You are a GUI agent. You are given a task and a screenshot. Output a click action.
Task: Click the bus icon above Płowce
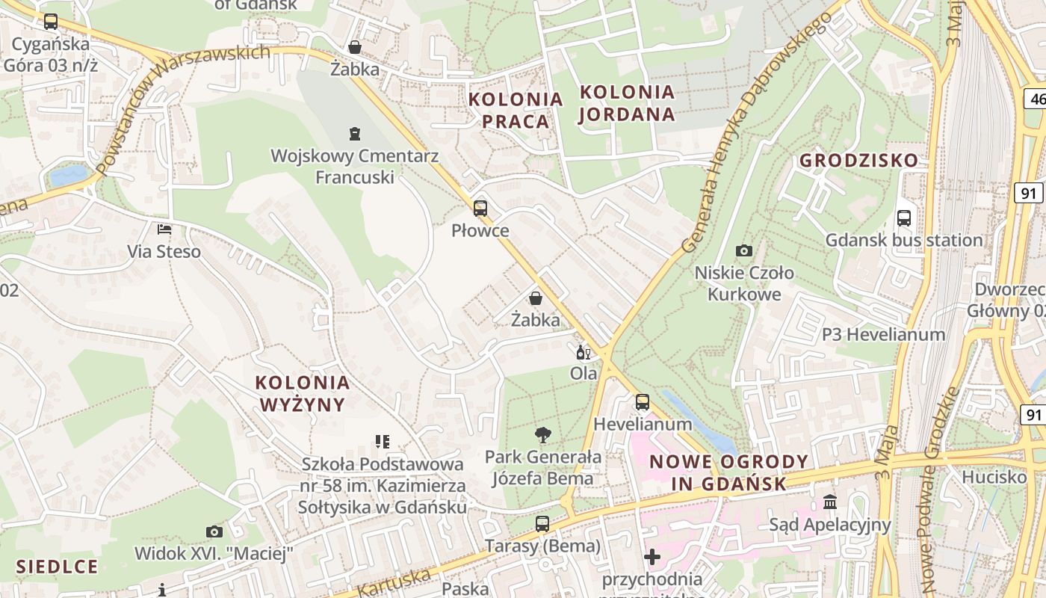click(x=480, y=209)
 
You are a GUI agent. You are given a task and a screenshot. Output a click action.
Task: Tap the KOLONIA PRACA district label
click(x=516, y=110)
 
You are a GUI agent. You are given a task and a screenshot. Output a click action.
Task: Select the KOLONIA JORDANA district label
click(x=627, y=103)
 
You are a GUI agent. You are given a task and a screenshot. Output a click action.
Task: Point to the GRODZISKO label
click(x=858, y=161)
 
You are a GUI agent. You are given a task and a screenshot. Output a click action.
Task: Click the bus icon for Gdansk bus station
click(x=903, y=218)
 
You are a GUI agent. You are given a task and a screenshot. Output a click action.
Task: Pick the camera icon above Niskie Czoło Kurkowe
click(x=743, y=250)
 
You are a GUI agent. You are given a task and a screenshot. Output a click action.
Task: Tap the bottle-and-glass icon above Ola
click(x=583, y=352)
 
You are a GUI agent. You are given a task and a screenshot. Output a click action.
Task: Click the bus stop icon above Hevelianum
click(x=643, y=402)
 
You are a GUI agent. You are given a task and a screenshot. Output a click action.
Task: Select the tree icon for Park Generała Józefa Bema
click(x=543, y=434)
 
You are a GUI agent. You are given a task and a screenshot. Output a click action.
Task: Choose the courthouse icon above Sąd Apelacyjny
click(x=830, y=502)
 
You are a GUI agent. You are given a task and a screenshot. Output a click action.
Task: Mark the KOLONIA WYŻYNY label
click(x=303, y=394)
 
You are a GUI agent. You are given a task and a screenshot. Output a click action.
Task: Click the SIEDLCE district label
click(x=57, y=565)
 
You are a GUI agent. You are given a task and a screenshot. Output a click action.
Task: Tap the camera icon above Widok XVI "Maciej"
click(x=214, y=531)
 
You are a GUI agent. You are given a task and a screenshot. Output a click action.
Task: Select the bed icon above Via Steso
click(x=164, y=229)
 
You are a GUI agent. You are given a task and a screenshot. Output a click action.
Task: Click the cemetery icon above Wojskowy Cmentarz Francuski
click(x=355, y=134)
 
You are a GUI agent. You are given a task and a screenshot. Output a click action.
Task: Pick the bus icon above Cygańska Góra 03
click(x=50, y=22)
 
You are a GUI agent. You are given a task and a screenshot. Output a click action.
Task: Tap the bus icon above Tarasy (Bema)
click(x=542, y=524)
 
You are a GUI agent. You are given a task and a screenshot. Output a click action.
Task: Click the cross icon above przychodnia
click(x=652, y=557)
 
